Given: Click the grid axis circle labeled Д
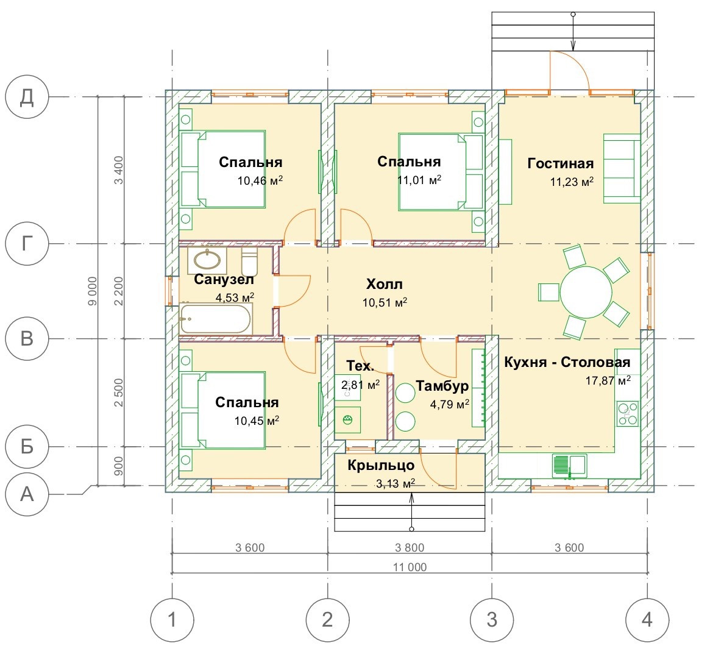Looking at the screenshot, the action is pos(27,98).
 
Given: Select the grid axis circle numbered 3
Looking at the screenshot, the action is pos(492,620).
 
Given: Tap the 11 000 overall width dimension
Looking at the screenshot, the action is pos(410,567).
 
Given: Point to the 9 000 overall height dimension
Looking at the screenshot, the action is pos(93,291).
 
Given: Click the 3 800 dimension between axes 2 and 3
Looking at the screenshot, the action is pos(410,547).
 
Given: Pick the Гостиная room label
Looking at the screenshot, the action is pos(560,163).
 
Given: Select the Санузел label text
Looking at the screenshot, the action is pos(224,280).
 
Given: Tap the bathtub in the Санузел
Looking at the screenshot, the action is pos(215,318).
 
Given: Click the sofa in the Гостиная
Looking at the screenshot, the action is pos(622,168).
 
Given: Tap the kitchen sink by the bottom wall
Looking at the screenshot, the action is pos(569,466).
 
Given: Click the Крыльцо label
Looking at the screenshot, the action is pos(382,466).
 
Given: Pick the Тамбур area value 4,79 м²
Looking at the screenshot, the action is pos(450,404).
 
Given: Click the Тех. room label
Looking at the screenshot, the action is pos(360,366).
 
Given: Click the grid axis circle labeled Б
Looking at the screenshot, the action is pos(27,447).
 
